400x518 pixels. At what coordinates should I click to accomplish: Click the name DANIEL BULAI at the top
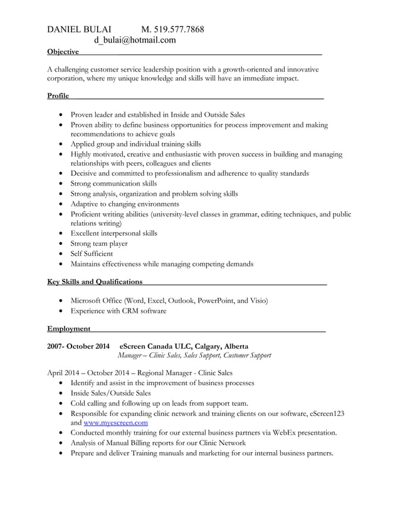[x=80, y=29]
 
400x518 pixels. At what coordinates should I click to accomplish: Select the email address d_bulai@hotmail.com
[x=135, y=41]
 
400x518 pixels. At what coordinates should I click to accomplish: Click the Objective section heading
[x=63, y=51]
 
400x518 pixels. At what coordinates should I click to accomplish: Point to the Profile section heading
[x=58, y=95]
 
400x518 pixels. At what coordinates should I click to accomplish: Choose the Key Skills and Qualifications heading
[x=95, y=282]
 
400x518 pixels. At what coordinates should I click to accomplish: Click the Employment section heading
[x=68, y=328]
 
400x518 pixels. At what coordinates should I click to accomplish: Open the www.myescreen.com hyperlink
[x=116, y=423]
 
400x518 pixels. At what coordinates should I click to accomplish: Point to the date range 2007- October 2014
[x=78, y=346]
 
